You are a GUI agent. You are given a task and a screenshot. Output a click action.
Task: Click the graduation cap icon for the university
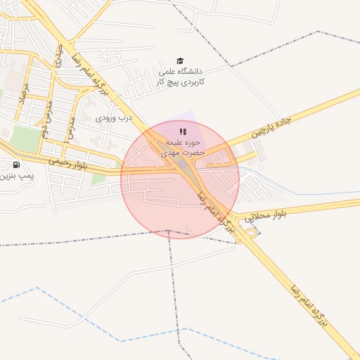(180, 61)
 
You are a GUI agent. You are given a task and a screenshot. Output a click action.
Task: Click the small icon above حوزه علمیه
(183, 131)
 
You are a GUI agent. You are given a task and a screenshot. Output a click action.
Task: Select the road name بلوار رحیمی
(68, 160)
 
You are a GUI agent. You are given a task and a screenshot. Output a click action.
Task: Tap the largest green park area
(25, 139)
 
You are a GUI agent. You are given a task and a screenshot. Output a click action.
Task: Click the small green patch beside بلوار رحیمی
(98, 179)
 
